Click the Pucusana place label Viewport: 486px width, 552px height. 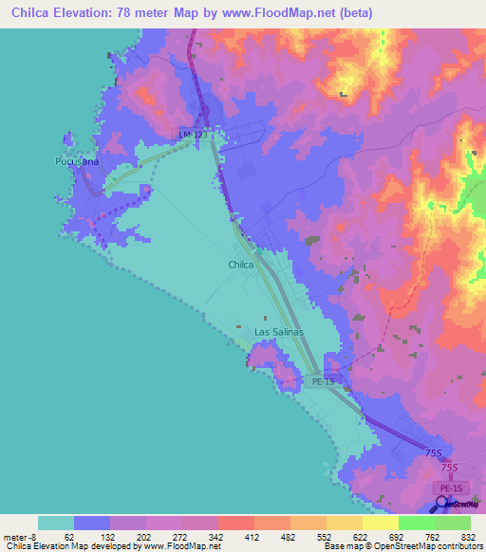click(72, 162)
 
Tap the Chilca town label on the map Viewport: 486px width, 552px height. click(240, 265)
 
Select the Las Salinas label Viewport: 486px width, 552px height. click(279, 332)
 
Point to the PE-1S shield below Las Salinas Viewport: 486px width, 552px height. click(324, 381)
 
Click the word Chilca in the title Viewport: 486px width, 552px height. click(27, 13)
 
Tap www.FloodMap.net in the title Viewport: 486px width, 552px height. click(290, 13)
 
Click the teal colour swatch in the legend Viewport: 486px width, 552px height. click(56, 523)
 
